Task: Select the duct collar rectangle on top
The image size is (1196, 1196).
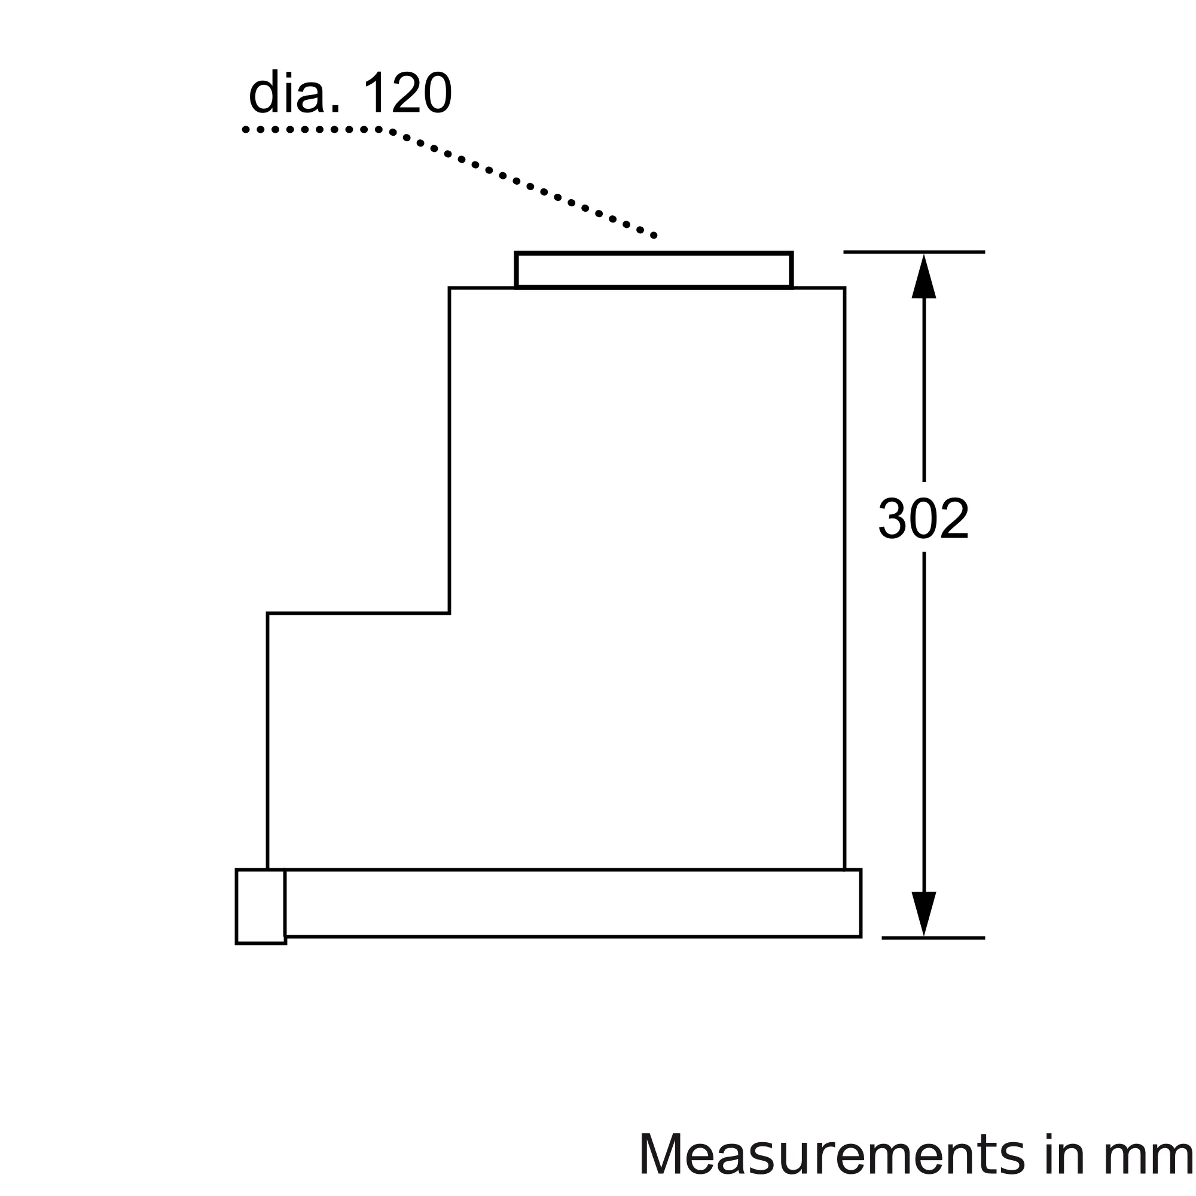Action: [x=654, y=270]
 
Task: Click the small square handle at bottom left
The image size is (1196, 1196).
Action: [x=261, y=907]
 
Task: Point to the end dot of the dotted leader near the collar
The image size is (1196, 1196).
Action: [x=654, y=236]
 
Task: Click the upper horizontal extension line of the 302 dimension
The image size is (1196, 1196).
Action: [x=914, y=252]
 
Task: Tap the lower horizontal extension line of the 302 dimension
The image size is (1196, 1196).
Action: [x=933, y=938]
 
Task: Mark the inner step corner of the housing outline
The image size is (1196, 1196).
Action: [x=450, y=614]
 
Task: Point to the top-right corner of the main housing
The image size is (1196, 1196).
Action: [x=844, y=288]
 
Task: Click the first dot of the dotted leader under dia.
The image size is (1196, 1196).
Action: [x=246, y=130]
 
